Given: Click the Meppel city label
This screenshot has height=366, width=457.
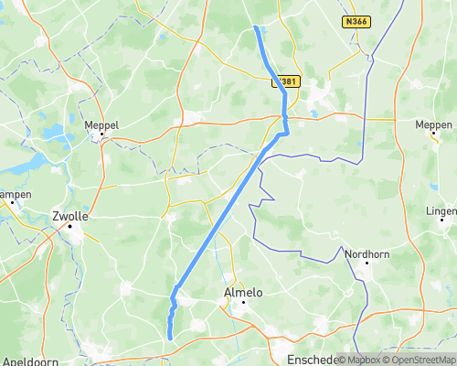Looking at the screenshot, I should (101, 125).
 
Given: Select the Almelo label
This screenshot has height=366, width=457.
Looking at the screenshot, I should (243, 293).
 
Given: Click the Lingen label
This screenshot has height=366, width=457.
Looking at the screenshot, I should (441, 211).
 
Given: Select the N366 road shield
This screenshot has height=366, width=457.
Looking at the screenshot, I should (356, 20).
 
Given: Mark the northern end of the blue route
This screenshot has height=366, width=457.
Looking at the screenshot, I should (255, 27).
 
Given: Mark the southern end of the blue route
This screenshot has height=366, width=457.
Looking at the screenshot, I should (170, 339).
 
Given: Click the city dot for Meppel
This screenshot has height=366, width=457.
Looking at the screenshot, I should (103, 136).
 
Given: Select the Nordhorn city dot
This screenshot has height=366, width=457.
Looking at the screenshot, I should (367, 264).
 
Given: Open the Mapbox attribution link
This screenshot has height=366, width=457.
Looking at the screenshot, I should (360, 360).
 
